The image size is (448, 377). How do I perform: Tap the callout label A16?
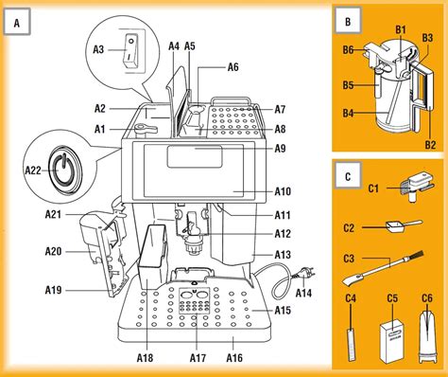(233, 357)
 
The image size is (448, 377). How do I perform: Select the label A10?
(283, 190)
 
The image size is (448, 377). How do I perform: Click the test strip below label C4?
(351, 337)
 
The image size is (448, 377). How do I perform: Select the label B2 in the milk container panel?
(430, 145)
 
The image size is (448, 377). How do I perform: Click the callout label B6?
(349, 49)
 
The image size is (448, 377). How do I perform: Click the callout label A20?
(53, 251)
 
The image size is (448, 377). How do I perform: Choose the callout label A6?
(233, 67)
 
